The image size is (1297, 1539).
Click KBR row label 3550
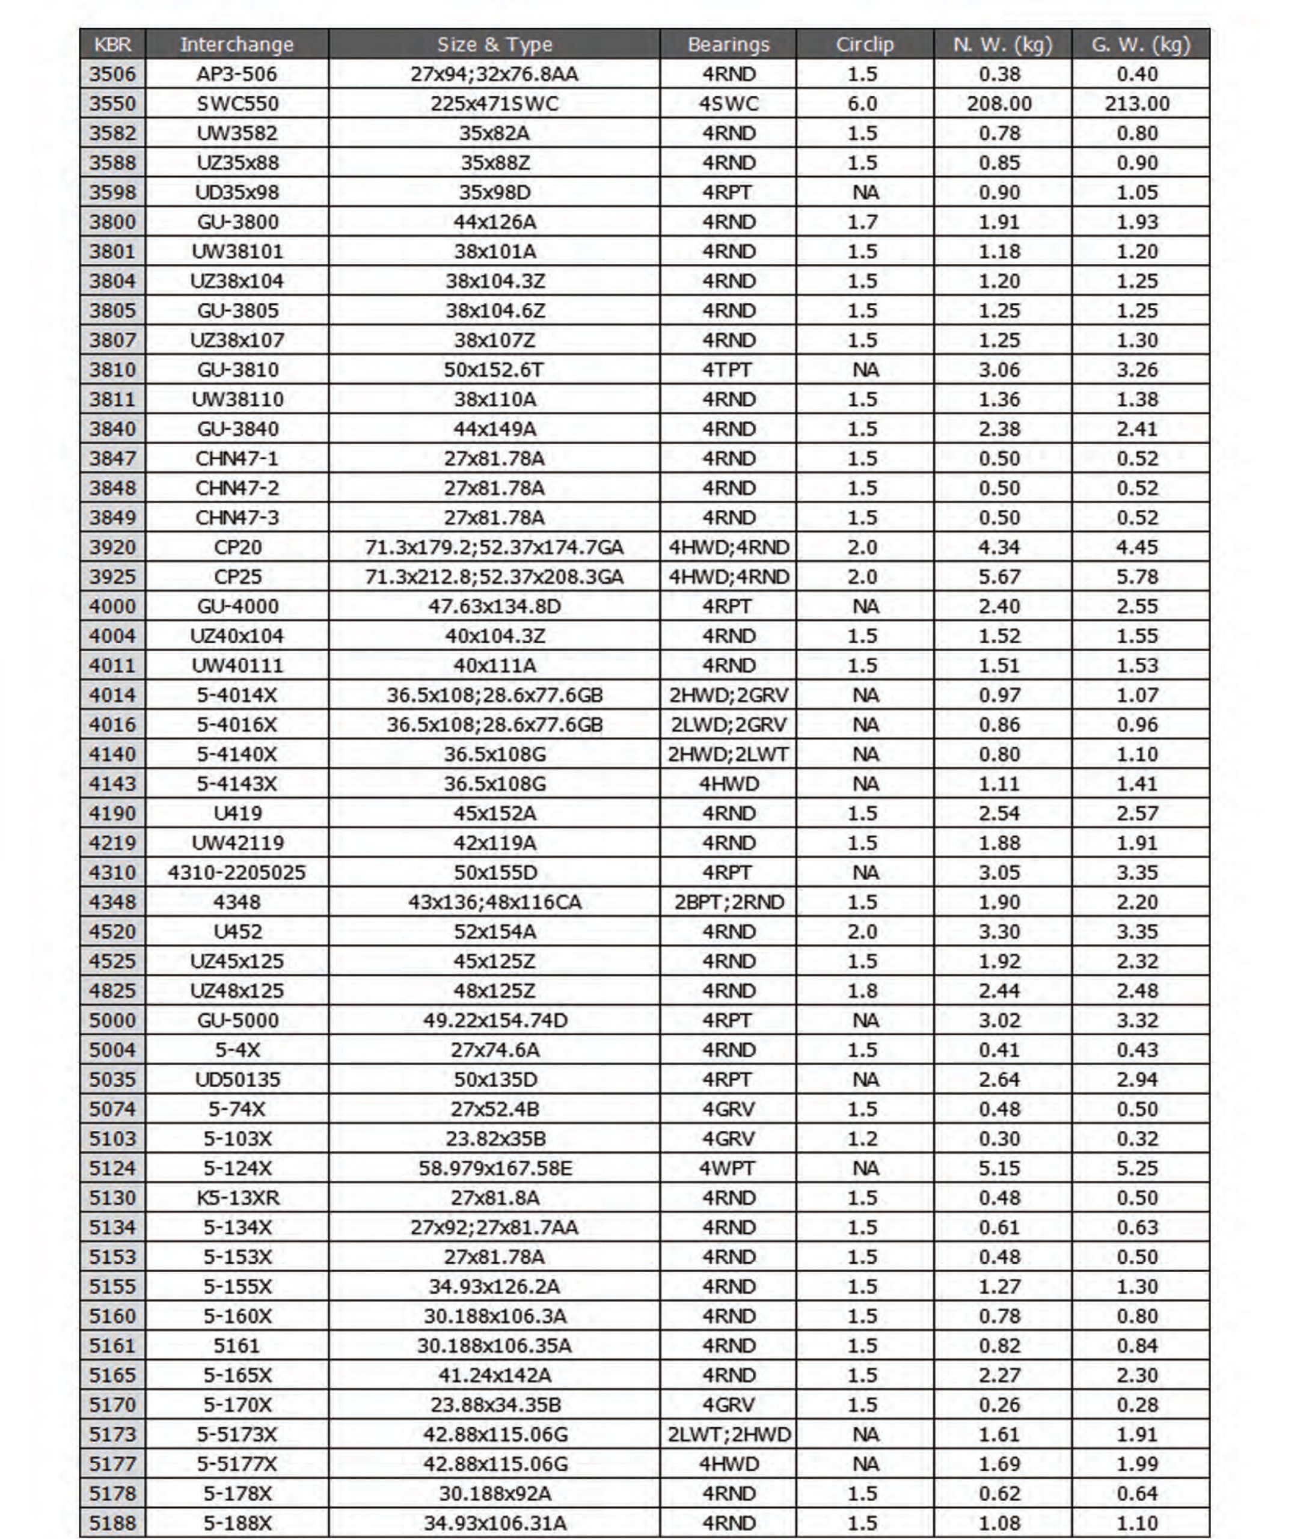[x=112, y=103]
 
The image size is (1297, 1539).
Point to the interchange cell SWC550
[x=237, y=103]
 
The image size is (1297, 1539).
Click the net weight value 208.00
[x=999, y=103]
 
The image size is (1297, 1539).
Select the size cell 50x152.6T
[x=494, y=370]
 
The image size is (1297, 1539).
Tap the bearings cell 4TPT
[x=728, y=370]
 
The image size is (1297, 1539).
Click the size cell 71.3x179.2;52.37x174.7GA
[x=494, y=548]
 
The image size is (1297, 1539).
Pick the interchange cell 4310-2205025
[x=237, y=872]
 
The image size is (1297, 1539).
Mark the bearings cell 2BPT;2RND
[x=729, y=902]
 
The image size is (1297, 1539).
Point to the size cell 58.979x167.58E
[x=495, y=1168]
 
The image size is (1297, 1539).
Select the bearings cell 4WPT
[x=728, y=1168]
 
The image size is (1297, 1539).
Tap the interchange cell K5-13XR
[x=237, y=1198]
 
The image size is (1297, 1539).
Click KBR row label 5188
[x=112, y=1523]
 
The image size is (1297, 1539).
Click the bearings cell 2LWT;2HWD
[x=729, y=1434]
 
